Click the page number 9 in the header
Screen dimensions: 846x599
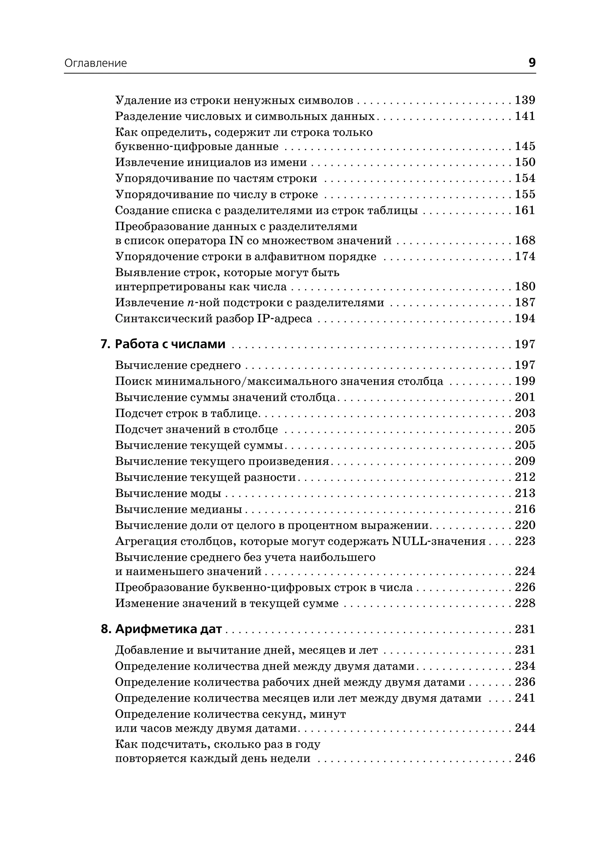click(x=531, y=63)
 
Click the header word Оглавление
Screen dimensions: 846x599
click(x=96, y=63)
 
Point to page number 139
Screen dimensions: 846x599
click(x=525, y=100)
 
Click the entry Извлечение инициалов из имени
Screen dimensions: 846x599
click(x=211, y=162)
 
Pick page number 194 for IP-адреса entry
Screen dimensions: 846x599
click(x=525, y=318)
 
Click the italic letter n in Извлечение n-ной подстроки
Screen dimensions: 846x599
click(x=190, y=303)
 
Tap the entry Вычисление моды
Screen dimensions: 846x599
click(x=168, y=493)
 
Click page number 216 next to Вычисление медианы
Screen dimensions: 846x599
click(x=525, y=509)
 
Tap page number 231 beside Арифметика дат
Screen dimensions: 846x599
click(x=525, y=629)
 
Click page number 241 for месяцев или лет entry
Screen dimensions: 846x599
click(x=525, y=698)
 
